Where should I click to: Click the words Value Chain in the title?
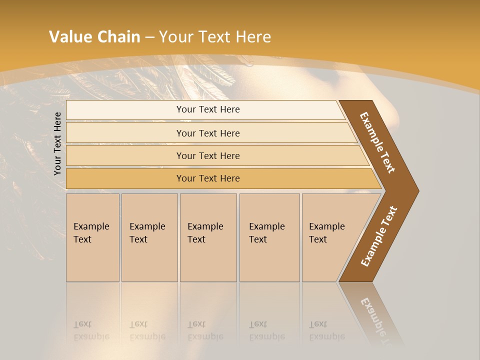(x=94, y=37)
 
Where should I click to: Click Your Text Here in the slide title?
(x=215, y=37)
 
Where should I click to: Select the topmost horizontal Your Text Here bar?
(x=207, y=109)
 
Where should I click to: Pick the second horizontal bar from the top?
(x=207, y=133)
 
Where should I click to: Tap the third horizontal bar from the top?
(x=207, y=155)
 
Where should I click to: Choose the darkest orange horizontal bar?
(x=207, y=178)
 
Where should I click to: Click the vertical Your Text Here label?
(x=57, y=143)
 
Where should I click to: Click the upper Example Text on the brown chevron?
(x=377, y=142)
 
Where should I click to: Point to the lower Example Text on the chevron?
(x=378, y=236)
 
